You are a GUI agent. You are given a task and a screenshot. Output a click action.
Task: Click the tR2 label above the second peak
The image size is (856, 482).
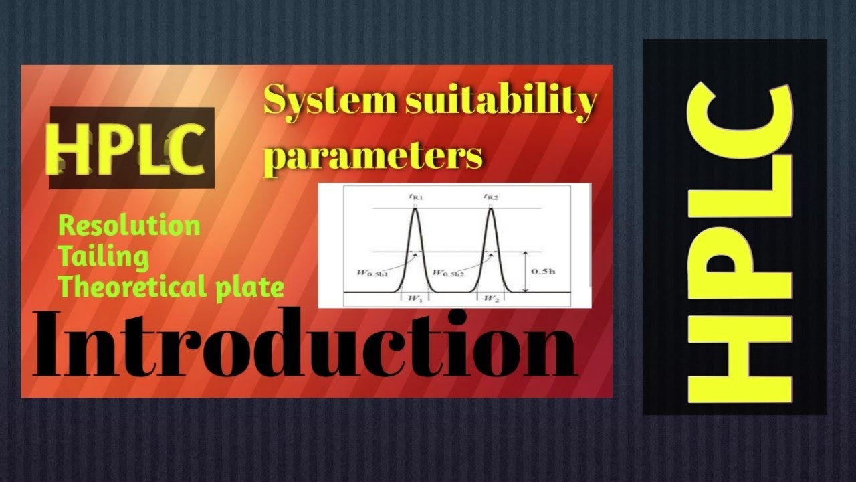(x=492, y=197)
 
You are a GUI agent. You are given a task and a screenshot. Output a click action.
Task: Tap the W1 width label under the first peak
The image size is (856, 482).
(x=413, y=299)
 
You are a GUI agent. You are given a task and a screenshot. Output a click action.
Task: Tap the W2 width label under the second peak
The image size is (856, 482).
(x=490, y=299)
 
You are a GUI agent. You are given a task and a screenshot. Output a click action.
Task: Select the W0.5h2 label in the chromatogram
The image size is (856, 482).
(x=449, y=272)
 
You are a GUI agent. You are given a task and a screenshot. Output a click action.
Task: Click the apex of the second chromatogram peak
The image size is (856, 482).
(x=492, y=210)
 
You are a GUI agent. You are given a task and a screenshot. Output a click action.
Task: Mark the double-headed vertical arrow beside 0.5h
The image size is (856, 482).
(x=526, y=272)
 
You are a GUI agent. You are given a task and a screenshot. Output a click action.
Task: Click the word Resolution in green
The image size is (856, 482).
(x=129, y=226)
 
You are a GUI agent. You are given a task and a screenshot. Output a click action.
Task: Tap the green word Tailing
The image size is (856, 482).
(x=104, y=256)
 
